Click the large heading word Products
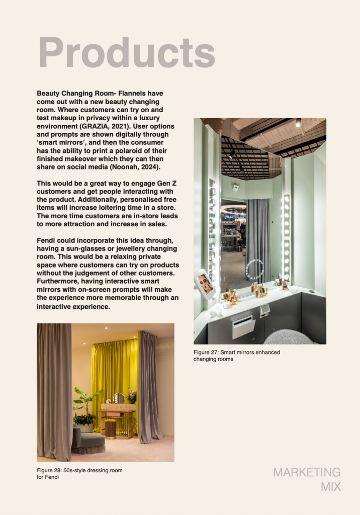pyautogui.click(x=127, y=52)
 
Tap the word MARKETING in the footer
pyautogui.click(x=307, y=472)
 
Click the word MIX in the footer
pyautogui.click(x=330, y=487)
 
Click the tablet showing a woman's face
pyautogui.click(x=205, y=284)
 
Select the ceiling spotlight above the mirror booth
pyautogui.click(x=298, y=122)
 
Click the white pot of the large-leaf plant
pyautogui.click(x=85, y=427)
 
